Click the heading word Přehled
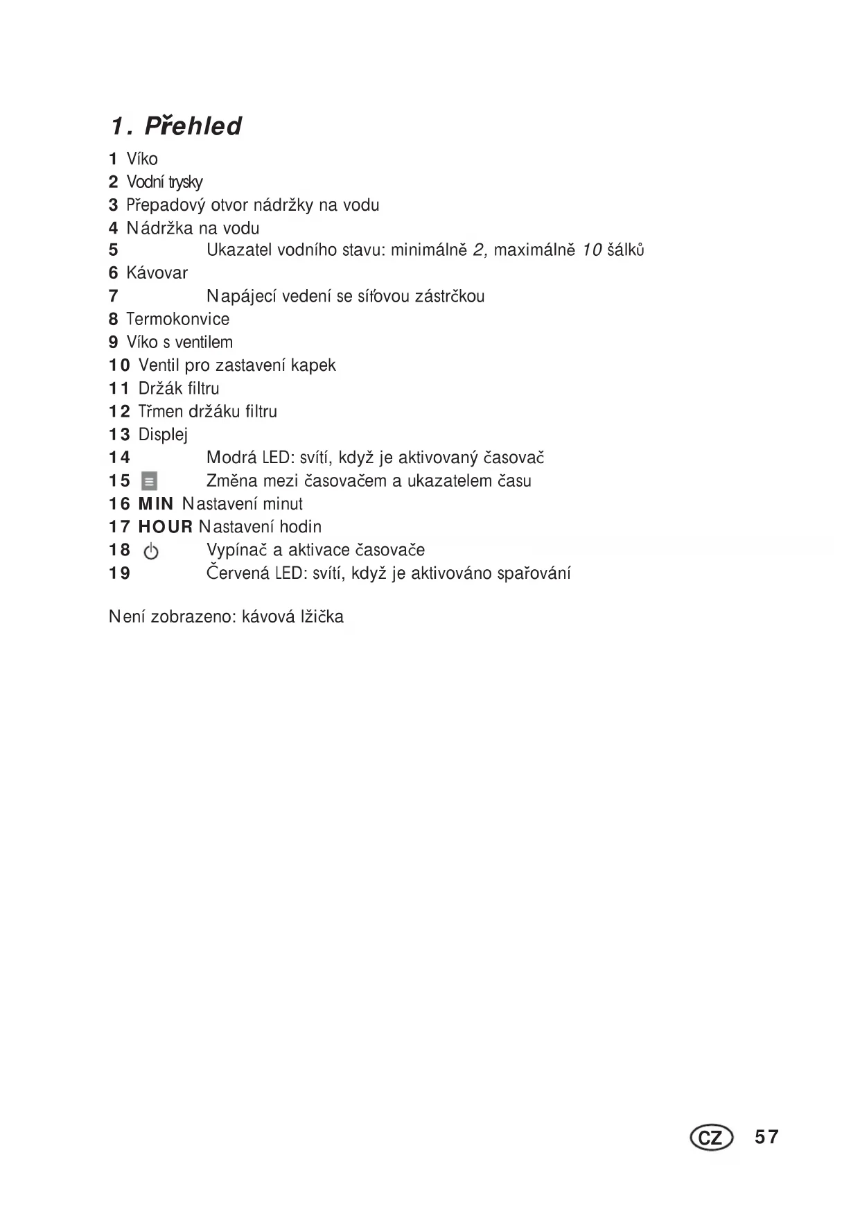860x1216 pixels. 193,126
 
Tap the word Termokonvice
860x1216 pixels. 177,319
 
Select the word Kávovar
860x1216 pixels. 157,273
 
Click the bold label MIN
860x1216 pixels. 156,504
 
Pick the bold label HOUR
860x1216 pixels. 166,527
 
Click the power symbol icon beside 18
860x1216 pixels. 150,552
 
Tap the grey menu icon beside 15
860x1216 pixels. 149,481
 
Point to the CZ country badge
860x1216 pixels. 711,1138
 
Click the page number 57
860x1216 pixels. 767,1137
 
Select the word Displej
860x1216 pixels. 163,435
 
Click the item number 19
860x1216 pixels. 119,573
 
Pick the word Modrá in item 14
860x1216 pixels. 231,458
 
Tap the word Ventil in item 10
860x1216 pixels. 159,365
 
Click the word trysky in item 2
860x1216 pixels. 184,182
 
